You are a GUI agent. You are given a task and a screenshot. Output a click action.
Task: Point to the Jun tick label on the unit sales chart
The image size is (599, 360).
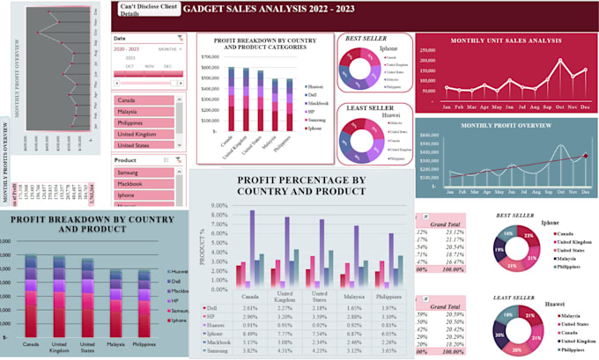pyautogui.click(x=501, y=107)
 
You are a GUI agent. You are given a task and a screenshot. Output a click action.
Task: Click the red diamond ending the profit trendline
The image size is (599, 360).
pyautogui.click(x=584, y=156)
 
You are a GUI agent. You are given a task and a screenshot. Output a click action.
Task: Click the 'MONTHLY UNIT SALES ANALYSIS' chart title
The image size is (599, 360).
pyautogui.click(x=506, y=41)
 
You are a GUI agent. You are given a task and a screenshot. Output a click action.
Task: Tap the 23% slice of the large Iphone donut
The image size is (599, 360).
pyautogui.click(x=529, y=236)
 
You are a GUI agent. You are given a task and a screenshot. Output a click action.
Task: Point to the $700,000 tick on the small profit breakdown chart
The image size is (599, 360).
pyautogui.click(x=209, y=57)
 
